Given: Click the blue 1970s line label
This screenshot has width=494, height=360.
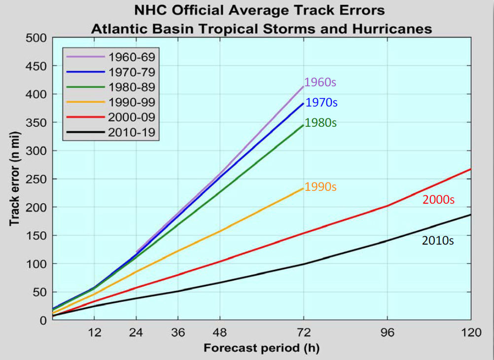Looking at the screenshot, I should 321,103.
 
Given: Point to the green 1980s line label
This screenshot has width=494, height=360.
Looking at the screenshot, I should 320,123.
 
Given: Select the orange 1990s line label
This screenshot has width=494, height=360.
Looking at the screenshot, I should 320,187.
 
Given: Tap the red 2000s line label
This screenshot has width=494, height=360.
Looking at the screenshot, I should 438,200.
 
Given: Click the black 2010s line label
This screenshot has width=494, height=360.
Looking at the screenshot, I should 438,241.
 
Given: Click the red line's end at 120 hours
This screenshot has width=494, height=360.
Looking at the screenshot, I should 471,169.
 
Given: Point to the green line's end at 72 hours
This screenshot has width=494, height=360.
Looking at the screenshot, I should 303,125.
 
